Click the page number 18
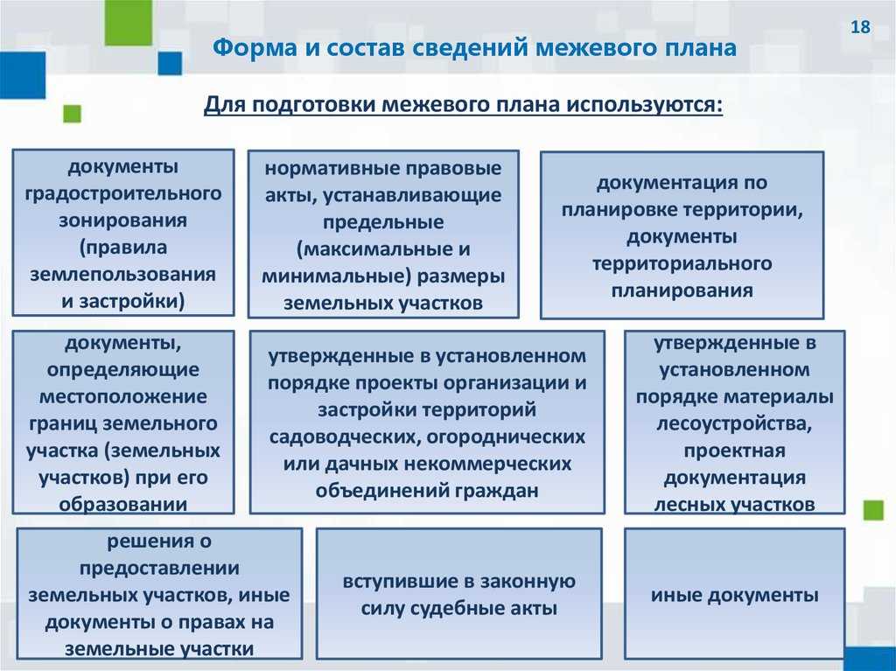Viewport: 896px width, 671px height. pyautogui.click(x=860, y=27)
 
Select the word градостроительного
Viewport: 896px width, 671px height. pyautogui.click(x=123, y=193)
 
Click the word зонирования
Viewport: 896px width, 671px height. pyautogui.click(x=122, y=220)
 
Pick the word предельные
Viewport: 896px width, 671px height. pyautogui.click(x=383, y=222)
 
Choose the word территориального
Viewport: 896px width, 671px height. pyautogui.click(x=682, y=264)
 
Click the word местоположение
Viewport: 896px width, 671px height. pyautogui.click(x=123, y=396)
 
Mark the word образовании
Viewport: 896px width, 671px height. pyautogui.click(x=122, y=504)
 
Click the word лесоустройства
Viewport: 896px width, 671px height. pyautogui.click(x=734, y=424)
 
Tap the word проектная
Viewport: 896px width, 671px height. pyautogui.click(x=734, y=451)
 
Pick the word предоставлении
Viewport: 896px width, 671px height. pyautogui.click(x=159, y=569)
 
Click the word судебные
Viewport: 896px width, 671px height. pyautogui.click(x=458, y=608)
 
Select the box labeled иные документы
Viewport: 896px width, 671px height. pyautogui.click(x=734, y=593)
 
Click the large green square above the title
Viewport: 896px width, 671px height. pyautogui.click(x=129, y=23)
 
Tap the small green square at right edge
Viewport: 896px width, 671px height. pyautogui.click(x=873, y=510)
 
